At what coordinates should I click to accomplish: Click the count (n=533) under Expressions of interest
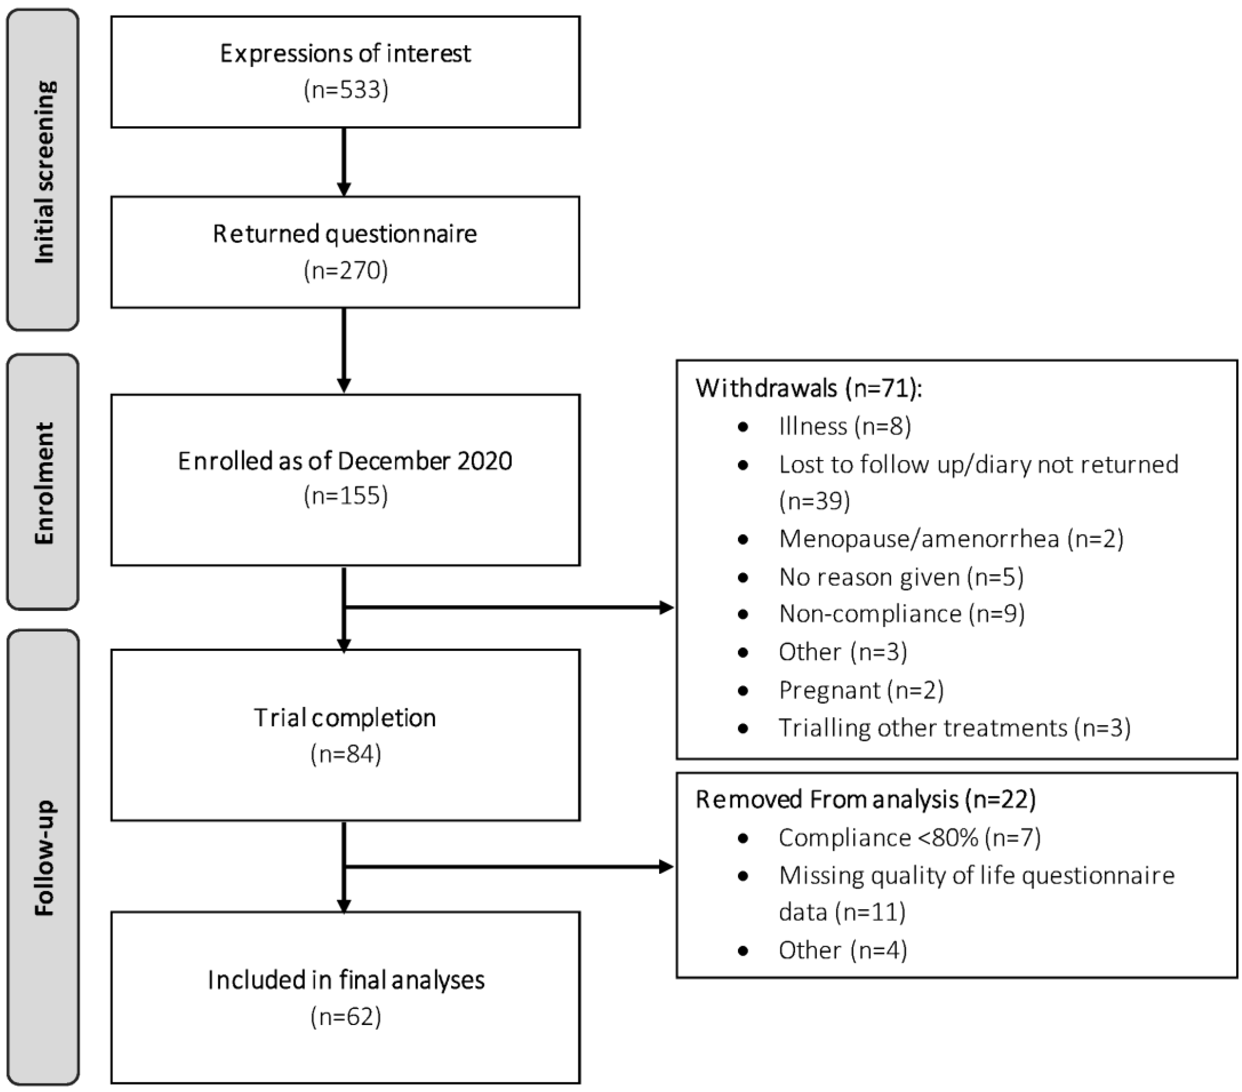(x=346, y=90)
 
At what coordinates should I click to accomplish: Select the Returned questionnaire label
(x=345, y=234)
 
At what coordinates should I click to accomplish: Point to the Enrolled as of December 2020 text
(x=345, y=461)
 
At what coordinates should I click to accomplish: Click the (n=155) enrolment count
(x=346, y=496)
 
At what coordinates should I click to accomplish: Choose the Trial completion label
(x=345, y=718)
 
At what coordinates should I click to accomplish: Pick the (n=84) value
(x=346, y=754)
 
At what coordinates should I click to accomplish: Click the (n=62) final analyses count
(x=346, y=1017)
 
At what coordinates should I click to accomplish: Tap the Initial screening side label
(x=44, y=172)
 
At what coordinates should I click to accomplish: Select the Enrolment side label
(x=44, y=483)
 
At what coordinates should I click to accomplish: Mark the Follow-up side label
(x=44, y=858)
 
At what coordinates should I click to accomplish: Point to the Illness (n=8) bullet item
(x=844, y=426)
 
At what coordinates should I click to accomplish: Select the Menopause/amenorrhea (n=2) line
(x=951, y=539)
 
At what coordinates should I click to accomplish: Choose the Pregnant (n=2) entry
(x=861, y=690)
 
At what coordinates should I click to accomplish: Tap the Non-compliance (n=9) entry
(x=902, y=614)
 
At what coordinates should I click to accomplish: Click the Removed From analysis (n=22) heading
(x=865, y=799)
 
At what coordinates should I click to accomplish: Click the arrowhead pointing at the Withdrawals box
(x=667, y=607)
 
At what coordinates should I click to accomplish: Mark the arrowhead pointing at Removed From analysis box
(x=667, y=867)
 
